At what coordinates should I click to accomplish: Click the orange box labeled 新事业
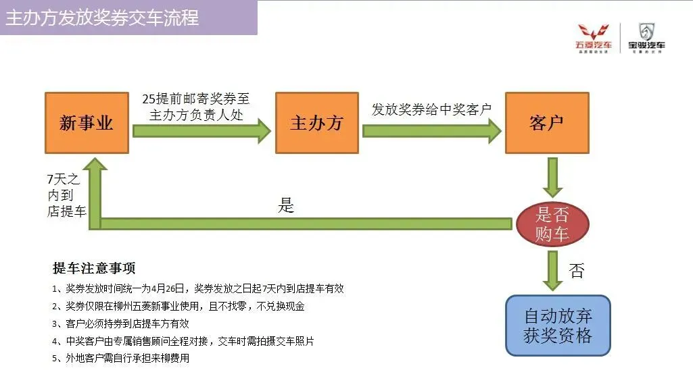click(x=87, y=123)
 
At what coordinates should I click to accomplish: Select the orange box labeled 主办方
click(x=316, y=123)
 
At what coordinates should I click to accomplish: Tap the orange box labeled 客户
click(x=546, y=123)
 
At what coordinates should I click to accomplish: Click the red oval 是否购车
click(x=552, y=225)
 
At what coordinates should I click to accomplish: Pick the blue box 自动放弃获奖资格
click(x=558, y=325)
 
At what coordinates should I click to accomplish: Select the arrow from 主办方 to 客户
click(x=431, y=130)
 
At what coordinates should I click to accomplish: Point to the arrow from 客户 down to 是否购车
click(x=552, y=177)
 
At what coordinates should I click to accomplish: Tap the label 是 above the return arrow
click(x=286, y=206)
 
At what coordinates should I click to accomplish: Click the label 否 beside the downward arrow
click(x=576, y=271)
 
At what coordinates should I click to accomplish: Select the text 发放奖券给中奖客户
click(x=431, y=109)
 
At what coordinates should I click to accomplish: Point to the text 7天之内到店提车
click(x=66, y=195)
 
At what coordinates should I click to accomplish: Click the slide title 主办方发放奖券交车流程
click(x=102, y=18)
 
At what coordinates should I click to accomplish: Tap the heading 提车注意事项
click(x=94, y=268)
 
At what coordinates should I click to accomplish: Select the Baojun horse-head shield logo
click(x=646, y=32)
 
